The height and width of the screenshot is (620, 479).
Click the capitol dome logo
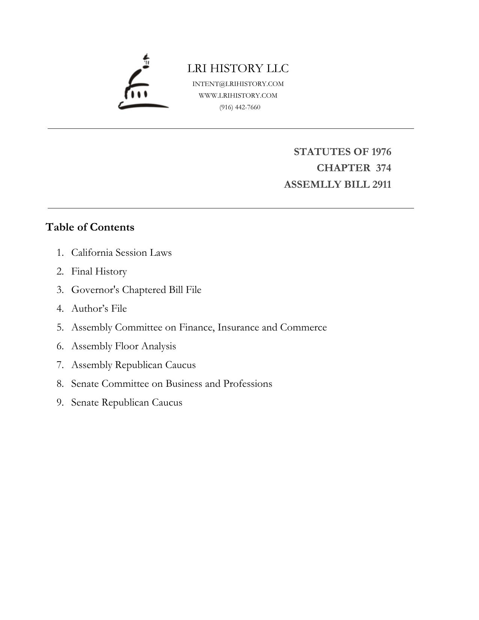click(143, 83)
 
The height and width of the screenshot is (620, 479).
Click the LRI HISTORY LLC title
click(238, 68)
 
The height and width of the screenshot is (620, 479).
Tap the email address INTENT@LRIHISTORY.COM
click(238, 84)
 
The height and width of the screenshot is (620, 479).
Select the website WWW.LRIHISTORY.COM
click(238, 95)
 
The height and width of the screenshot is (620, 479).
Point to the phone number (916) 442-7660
click(240, 107)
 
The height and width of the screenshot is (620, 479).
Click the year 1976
click(381, 152)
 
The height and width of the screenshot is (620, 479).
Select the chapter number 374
click(383, 168)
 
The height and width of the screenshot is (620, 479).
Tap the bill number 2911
click(381, 184)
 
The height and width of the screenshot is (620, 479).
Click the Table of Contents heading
click(90, 227)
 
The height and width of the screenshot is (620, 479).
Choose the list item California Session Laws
click(121, 252)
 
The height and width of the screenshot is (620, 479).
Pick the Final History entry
click(99, 271)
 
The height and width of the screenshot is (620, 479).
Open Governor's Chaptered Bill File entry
click(136, 290)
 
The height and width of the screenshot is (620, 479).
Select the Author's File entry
click(99, 308)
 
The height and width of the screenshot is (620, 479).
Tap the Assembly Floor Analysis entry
click(124, 346)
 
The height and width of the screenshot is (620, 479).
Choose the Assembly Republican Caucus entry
click(133, 365)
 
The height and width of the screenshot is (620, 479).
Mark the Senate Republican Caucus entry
click(127, 402)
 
